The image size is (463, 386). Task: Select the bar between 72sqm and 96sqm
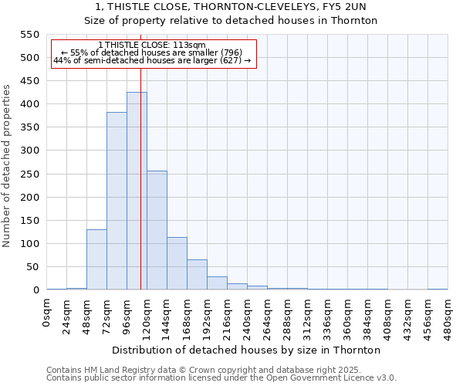coord(117,201)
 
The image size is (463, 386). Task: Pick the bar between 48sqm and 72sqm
coord(96,259)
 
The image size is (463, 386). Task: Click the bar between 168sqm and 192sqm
coord(197,275)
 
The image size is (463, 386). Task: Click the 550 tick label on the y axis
coord(29,35)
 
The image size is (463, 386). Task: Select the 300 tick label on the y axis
coord(29,151)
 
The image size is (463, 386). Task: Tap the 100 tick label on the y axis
coord(29,244)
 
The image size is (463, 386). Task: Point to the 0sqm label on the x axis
coord(47,313)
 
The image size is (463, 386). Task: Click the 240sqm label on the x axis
coord(248,317)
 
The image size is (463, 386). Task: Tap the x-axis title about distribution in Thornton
coord(252,350)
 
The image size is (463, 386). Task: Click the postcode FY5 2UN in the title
coord(357,7)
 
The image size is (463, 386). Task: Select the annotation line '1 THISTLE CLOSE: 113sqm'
coord(152,46)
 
